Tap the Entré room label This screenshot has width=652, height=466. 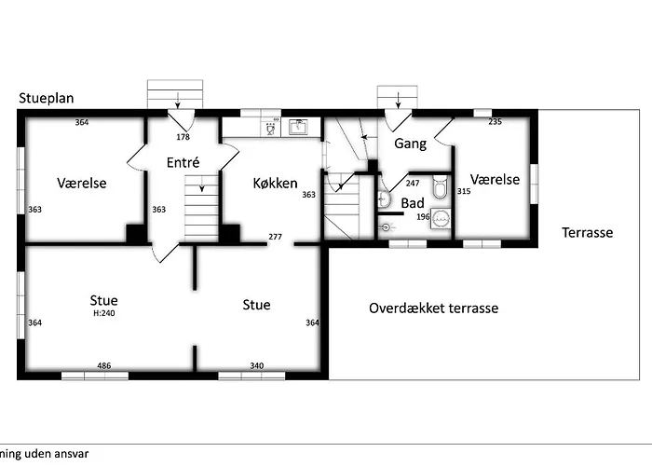pyautogui.click(x=183, y=162)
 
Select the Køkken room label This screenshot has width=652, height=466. pyautogui.click(x=275, y=184)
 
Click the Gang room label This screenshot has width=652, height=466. pyautogui.click(x=410, y=144)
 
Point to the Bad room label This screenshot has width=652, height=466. pyautogui.click(x=413, y=202)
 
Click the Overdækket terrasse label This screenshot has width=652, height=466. pyautogui.click(x=433, y=308)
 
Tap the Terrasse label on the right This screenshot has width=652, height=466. pyautogui.click(x=587, y=233)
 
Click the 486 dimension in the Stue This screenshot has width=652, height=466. pyautogui.click(x=104, y=366)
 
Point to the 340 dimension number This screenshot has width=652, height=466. pyautogui.click(x=256, y=366)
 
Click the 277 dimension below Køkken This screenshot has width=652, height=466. pyautogui.click(x=275, y=237)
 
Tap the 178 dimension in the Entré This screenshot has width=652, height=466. pyautogui.click(x=183, y=137)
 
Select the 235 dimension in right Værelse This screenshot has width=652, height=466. pyautogui.click(x=495, y=122)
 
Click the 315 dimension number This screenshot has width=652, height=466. pyautogui.click(x=464, y=191)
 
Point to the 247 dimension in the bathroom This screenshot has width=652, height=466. pyautogui.click(x=413, y=184)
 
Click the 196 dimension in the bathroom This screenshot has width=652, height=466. pyautogui.click(x=422, y=217)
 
